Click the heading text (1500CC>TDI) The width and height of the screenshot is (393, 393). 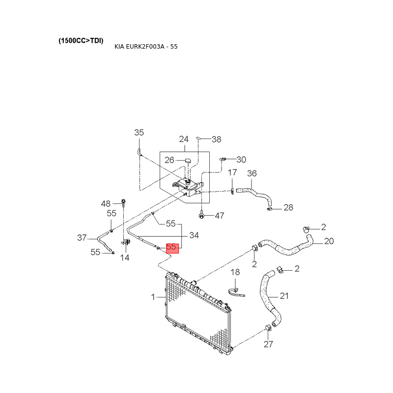click(x=81, y=41)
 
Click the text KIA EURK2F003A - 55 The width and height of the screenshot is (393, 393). click(x=146, y=47)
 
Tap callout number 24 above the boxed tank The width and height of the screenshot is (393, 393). click(x=184, y=139)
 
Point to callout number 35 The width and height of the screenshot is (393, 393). click(x=139, y=132)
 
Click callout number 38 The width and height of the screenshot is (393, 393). click(x=217, y=140)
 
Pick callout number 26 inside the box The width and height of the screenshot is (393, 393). click(x=169, y=160)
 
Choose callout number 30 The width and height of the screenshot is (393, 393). click(x=241, y=160)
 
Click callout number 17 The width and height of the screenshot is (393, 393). click(x=232, y=172)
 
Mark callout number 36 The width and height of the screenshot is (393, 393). click(x=252, y=173)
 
